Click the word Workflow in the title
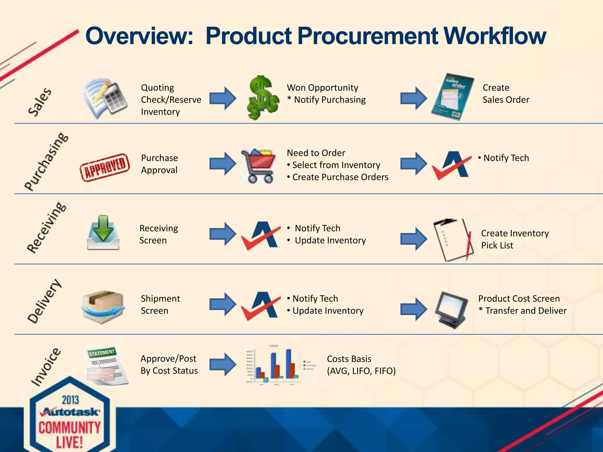tap(495, 36)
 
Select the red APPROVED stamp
tap(105, 167)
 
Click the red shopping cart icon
tap(258, 166)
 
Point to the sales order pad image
tap(453, 97)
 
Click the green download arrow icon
tap(103, 232)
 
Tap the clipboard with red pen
tap(453, 240)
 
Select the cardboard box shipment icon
tap(103, 307)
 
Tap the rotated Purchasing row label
tap(46, 162)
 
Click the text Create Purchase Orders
tap(340, 177)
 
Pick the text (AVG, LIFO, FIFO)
tap(361, 371)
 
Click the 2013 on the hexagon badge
tap(70, 400)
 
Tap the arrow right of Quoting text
tap(223, 98)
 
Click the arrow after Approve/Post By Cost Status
tap(223, 364)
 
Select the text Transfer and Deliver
tap(526, 311)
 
